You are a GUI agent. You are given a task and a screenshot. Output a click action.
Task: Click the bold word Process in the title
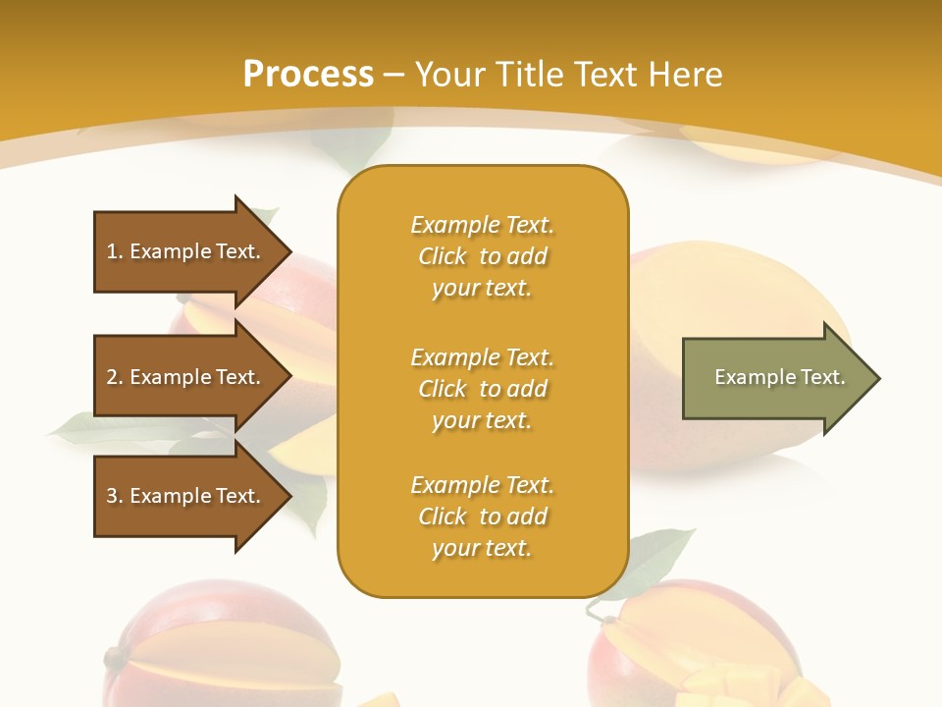click(308, 75)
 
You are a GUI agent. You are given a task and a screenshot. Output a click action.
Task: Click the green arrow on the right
click(775, 378)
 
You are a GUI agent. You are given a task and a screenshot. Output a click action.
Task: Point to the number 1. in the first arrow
click(115, 251)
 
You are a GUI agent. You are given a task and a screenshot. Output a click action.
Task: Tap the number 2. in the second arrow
click(115, 377)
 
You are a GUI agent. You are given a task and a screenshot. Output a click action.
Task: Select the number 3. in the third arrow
click(115, 496)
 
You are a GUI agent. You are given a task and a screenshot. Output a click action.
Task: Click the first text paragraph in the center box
click(482, 256)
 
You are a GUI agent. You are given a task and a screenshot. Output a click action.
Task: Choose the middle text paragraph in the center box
click(482, 389)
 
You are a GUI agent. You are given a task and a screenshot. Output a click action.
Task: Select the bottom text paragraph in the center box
click(482, 517)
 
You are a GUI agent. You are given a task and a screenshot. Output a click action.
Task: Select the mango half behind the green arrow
click(726, 295)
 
